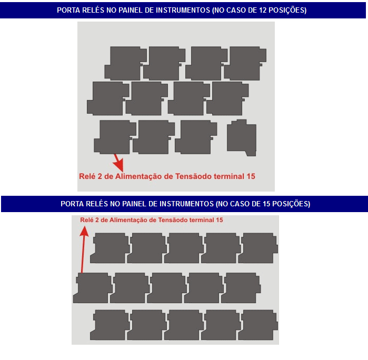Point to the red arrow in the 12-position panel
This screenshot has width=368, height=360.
coord(118,163)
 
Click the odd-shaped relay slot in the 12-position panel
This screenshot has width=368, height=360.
coord(242,137)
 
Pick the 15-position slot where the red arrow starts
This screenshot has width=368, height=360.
coord(93,288)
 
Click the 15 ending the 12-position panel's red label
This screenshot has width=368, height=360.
coord(251,176)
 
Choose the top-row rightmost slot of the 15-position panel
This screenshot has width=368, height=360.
coord(258,248)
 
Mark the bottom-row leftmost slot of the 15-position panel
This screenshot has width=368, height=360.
coord(110,325)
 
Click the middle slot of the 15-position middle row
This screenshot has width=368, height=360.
coord(167,288)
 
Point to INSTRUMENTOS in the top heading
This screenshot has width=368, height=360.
coord(183,10)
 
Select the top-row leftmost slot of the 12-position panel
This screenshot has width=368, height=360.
coord(125,63)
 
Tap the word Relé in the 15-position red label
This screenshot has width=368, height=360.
coord(86,220)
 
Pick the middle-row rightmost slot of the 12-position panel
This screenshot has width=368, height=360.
coord(227,98)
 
